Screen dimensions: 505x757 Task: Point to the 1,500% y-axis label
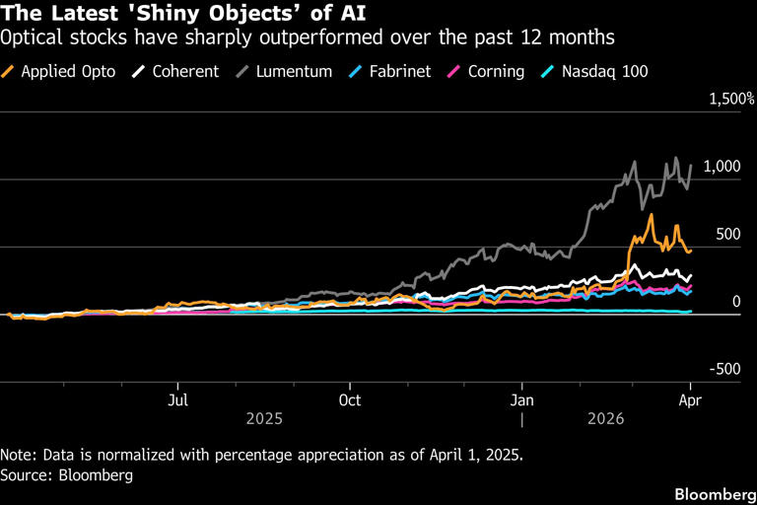[x=730, y=100]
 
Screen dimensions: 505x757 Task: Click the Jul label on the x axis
[x=177, y=399]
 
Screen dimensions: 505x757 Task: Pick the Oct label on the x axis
[x=350, y=399]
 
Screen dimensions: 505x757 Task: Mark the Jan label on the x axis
[x=522, y=399]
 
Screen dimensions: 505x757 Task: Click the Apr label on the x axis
[x=691, y=399]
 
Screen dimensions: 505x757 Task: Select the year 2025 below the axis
[x=263, y=418]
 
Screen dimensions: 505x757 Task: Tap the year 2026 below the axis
[x=607, y=418]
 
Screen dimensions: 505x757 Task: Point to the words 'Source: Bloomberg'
[x=67, y=474]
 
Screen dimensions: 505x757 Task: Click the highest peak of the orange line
[x=652, y=214]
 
